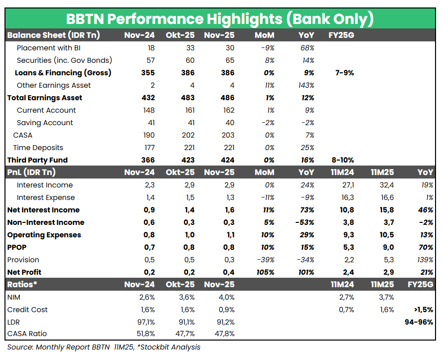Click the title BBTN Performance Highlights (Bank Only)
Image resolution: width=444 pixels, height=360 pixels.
point(220,19)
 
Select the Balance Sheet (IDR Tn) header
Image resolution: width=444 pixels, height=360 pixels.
point(53,35)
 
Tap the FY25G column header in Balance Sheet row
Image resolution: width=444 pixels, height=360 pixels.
point(341,35)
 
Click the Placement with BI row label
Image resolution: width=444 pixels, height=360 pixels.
point(48,48)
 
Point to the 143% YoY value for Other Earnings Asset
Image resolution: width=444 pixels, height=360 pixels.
point(305,85)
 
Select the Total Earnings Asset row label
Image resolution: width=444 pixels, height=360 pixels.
point(45,98)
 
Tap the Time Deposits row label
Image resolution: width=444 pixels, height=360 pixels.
point(38,148)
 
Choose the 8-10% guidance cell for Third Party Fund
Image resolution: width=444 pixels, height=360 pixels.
point(342,160)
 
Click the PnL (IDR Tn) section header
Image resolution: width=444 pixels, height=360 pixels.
point(31,173)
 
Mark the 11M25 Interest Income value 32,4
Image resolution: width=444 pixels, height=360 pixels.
point(385,185)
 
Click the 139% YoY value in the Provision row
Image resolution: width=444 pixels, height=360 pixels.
point(424,260)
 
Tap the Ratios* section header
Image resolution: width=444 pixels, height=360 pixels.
point(22,285)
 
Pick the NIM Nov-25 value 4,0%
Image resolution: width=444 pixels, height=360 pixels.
point(225,297)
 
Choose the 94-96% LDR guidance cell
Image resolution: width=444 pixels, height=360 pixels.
point(419,322)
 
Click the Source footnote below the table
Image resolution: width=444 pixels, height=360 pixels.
point(104,347)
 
